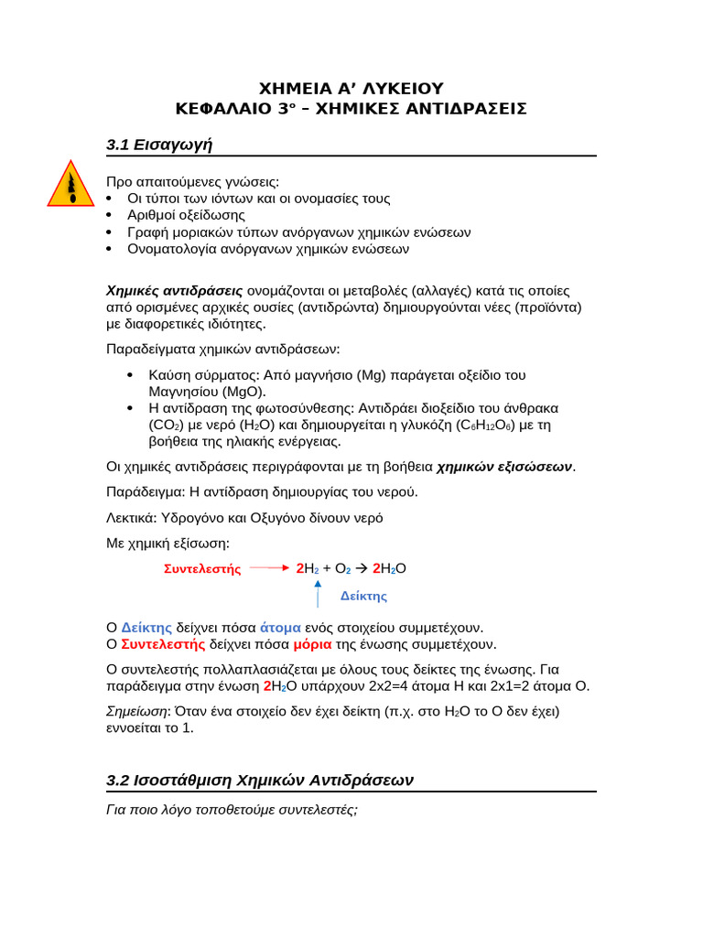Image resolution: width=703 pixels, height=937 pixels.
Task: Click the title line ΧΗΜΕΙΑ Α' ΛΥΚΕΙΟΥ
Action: tap(351, 89)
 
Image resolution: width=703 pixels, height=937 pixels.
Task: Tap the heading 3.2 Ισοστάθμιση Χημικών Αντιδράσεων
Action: tap(260, 781)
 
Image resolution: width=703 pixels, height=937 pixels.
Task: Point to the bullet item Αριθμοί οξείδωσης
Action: tap(186, 215)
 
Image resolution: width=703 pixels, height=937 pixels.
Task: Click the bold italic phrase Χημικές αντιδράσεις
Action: tap(175, 291)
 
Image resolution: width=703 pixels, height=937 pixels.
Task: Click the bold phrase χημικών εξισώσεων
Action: tap(504, 468)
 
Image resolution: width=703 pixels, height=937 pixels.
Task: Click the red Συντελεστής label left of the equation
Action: tap(202, 569)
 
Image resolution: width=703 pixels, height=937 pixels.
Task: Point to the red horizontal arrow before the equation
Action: tap(269, 568)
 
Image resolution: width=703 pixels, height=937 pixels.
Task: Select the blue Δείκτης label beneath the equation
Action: tap(363, 597)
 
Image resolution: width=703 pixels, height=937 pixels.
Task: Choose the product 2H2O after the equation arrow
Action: tap(389, 568)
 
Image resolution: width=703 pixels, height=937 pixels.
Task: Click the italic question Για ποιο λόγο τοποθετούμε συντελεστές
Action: tap(232, 810)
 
